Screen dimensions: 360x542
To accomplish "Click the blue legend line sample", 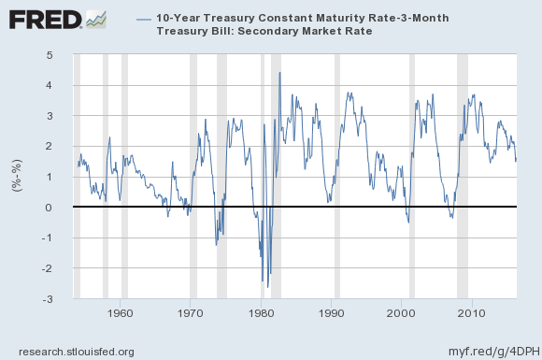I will [144, 19].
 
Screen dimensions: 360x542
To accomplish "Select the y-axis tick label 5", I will [61, 55].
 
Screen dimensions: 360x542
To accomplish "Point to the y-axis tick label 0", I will [61, 208].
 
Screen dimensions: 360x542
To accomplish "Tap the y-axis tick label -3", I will [59, 299].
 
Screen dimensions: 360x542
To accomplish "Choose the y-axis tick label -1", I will [59, 238].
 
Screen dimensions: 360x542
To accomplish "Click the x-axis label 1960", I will [121, 312].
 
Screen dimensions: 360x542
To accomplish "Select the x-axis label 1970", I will [191, 312].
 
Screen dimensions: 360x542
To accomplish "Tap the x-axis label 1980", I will [261, 312].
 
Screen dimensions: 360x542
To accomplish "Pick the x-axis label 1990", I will [331, 312].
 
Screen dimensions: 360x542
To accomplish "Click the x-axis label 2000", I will [401, 312].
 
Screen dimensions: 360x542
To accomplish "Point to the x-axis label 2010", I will [471, 312].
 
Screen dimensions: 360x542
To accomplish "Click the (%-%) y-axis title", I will [16, 177].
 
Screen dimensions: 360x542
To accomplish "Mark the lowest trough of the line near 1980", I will [267, 287].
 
